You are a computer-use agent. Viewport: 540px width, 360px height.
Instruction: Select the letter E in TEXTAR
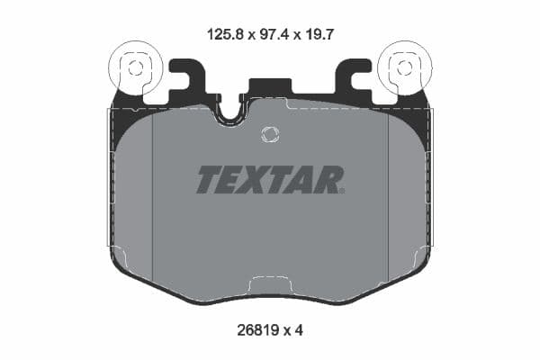tap(230, 180)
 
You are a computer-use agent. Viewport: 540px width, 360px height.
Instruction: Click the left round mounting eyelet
tap(133, 68)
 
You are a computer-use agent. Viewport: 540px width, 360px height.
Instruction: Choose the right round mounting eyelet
tap(405, 68)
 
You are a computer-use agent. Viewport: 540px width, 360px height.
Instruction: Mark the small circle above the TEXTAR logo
tap(269, 134)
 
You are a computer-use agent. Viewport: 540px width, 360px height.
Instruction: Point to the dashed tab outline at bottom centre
tap(270, 284)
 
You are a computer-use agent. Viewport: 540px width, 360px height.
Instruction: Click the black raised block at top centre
tap(269, 88)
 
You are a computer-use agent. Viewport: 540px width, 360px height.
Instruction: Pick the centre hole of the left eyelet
tap(134, 67)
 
